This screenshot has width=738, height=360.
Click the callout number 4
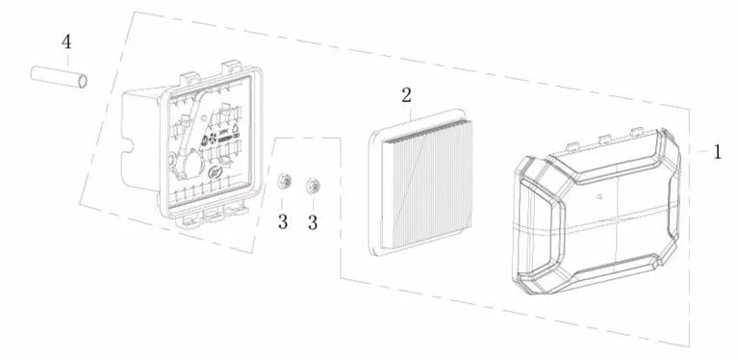tap(66, 42)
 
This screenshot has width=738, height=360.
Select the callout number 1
tap(717, 151)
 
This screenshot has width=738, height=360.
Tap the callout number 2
tap(407, 95)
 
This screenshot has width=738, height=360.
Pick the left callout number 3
tap(282, 221)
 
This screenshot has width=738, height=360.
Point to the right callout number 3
tap(313, 221)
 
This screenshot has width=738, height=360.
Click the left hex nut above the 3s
tap(283, 181)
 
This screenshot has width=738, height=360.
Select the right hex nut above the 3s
tap(312, 186)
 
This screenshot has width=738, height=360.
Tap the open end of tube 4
tap(83, 82)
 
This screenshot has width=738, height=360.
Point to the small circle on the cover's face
tap(599, 197)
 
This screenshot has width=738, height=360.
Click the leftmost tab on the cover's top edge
tap(572, 146)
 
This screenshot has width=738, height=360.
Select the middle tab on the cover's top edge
tap(604, 139)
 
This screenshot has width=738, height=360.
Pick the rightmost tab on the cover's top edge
tap(636, 131)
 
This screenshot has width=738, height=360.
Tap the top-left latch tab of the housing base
tap(191, 78)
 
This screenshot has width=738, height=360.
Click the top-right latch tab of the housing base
tap(232, 66)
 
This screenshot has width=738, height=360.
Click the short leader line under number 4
tap(67, 59)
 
